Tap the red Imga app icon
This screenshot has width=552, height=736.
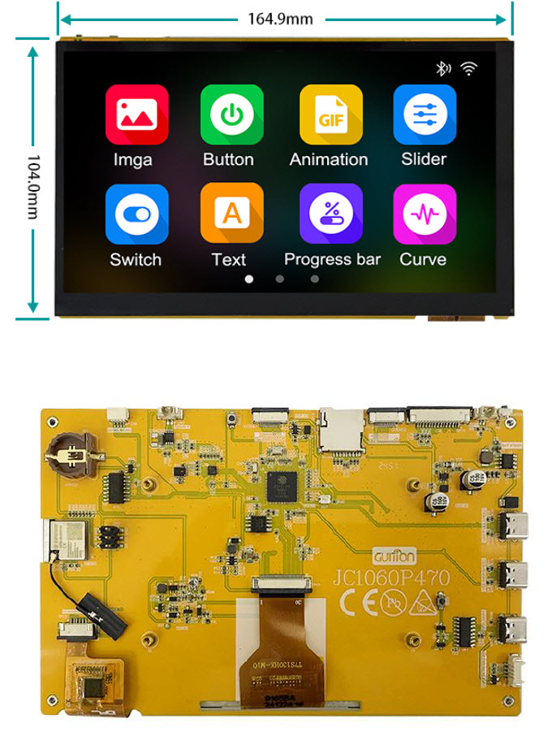136,115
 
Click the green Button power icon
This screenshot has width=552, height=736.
231,115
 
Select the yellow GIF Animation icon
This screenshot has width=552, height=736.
330,115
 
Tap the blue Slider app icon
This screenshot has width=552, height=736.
425,115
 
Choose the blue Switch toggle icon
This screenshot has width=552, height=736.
136,214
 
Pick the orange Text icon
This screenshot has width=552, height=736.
231,214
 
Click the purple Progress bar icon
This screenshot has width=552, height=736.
330,214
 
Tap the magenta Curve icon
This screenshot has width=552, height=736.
425,214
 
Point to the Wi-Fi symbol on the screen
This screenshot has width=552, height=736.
468,68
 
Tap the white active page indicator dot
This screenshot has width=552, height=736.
248,279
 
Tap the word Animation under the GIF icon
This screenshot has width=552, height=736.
329,159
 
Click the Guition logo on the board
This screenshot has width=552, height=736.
395,557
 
